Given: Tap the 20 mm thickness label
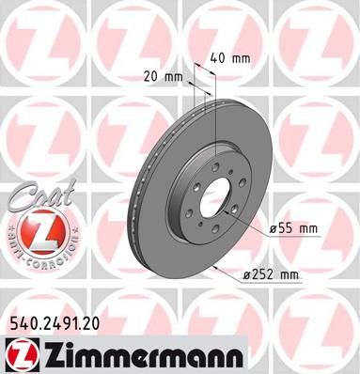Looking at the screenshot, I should (x=163, y=76).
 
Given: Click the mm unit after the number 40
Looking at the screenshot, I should (x=242, y=59).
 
